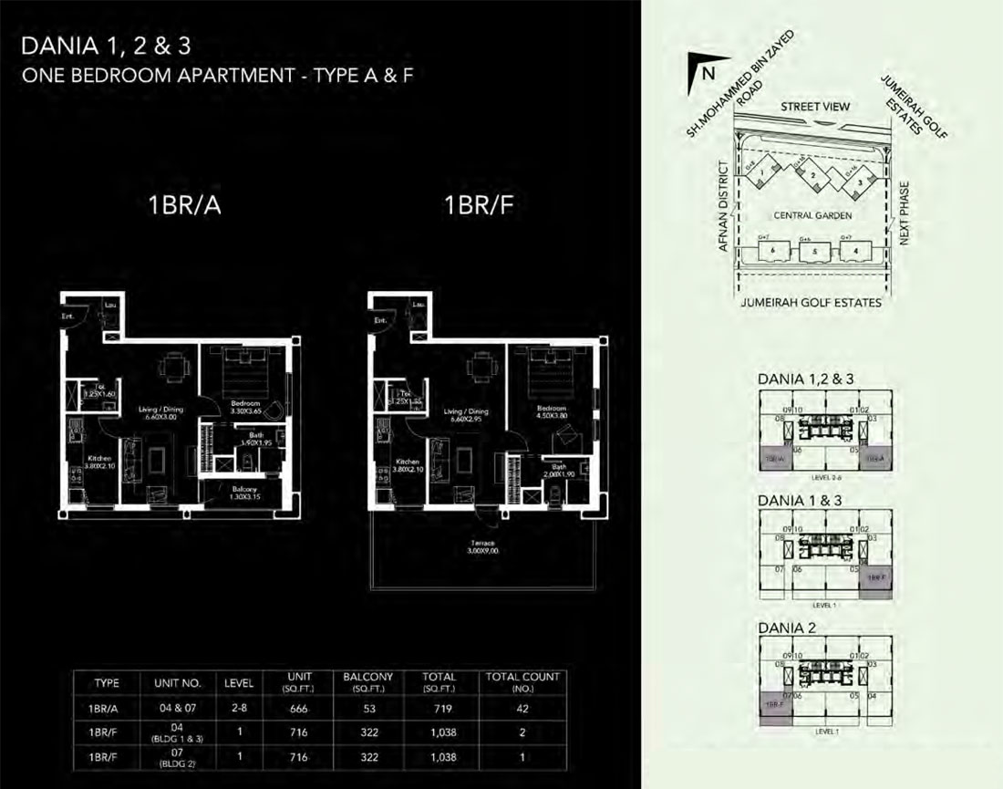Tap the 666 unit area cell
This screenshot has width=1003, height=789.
click(300, 708)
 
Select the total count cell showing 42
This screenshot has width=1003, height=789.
click(522, 708)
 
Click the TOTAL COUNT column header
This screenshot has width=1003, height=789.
click(522, 681)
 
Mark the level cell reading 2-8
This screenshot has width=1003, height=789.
click(233, 708)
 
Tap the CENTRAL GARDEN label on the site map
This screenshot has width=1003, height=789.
click(812, 216)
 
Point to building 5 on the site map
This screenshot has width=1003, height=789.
click(815, 252)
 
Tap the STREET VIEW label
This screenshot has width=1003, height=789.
click(816, 107)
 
